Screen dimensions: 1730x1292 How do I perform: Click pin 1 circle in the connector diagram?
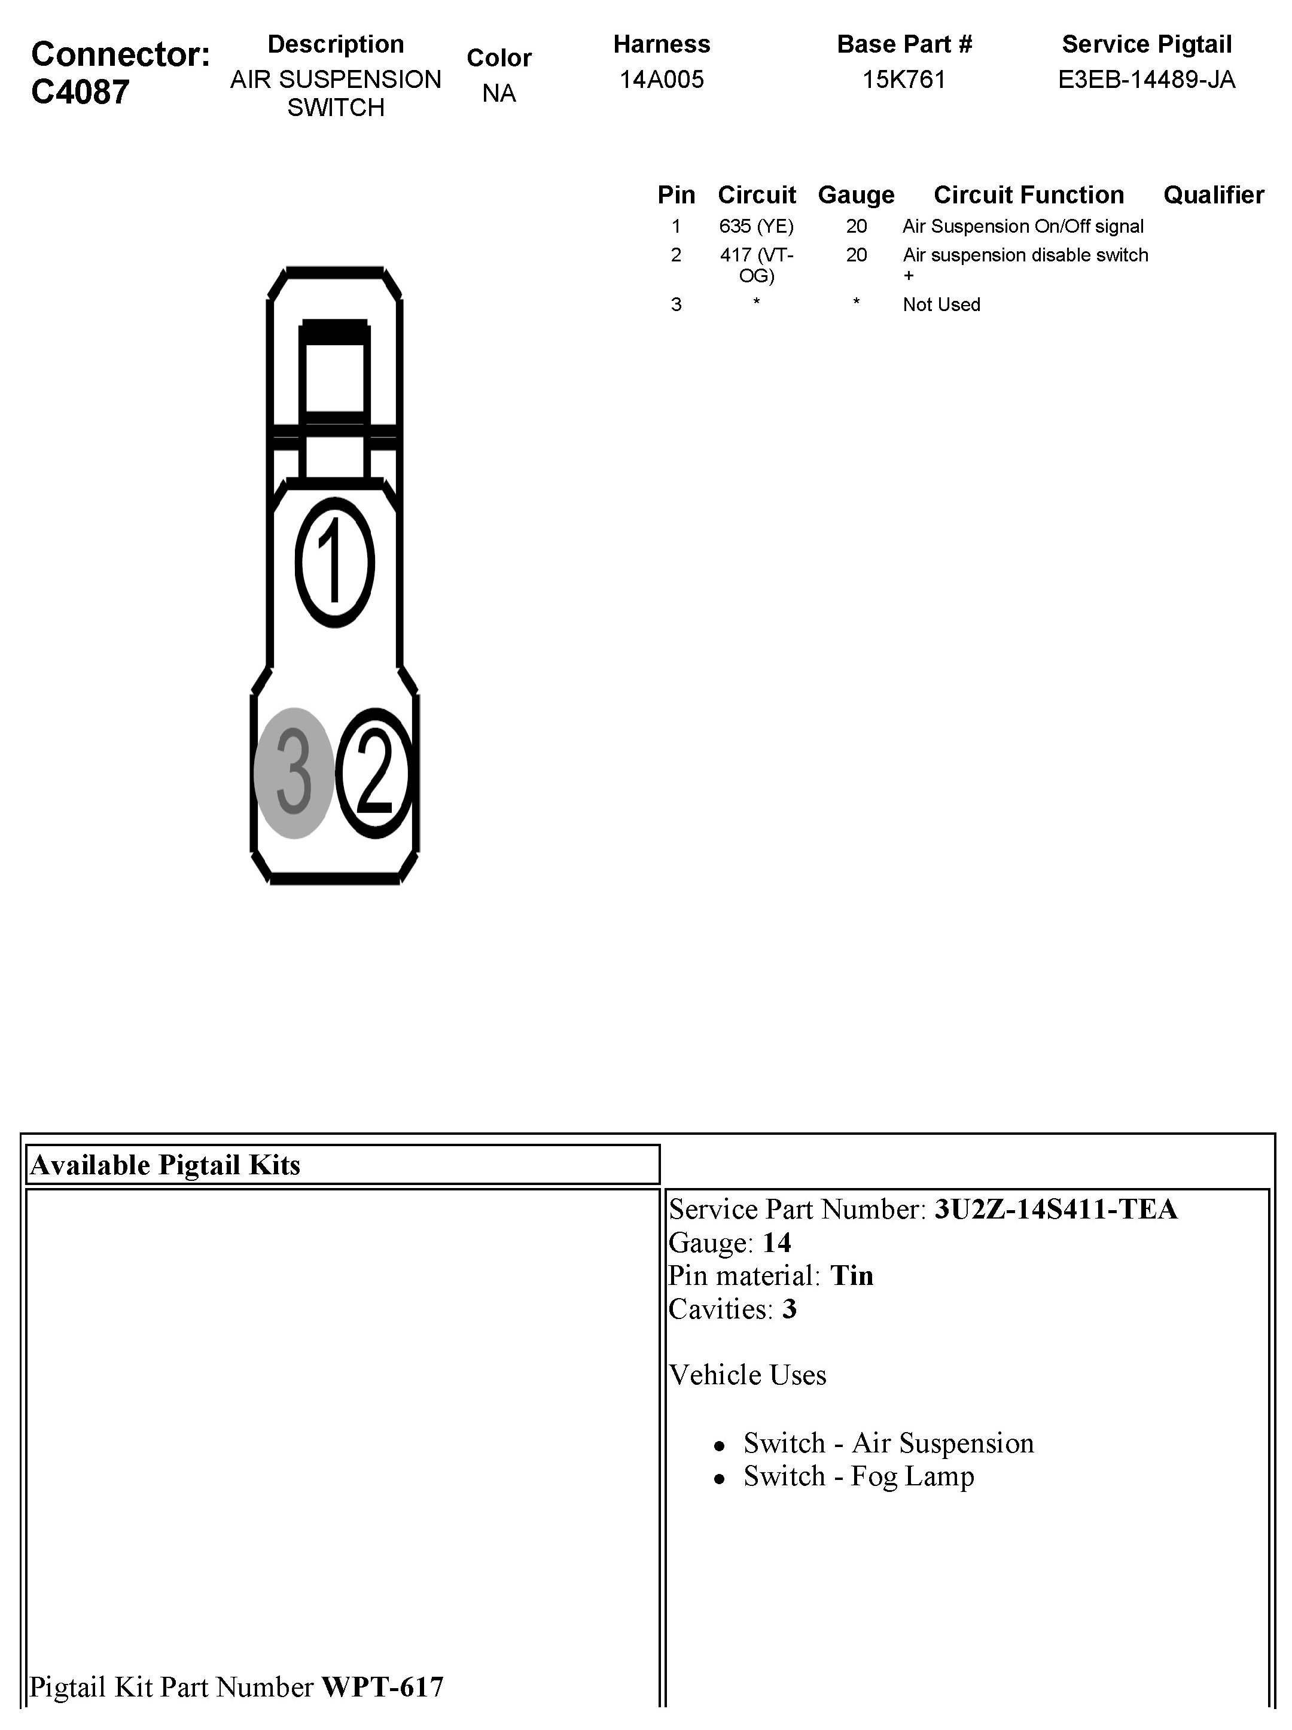click(x=335, y=562)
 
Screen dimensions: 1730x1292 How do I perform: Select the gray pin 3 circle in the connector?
click(x=293, y=773)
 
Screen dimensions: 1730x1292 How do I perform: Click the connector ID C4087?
click(x=81, y=92)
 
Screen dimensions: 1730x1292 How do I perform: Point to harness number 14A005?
click(x=662, y=80)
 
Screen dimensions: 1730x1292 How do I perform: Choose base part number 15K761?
click(x=904, y=80)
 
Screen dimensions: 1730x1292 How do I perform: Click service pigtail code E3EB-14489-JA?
click(x=1147, y=80)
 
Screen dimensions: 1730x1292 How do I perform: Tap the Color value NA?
click(x=499, y=94)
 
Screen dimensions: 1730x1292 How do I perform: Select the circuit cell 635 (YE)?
click(x=756, y=227)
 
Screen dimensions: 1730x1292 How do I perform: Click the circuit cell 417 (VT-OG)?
click(x=756, y=265)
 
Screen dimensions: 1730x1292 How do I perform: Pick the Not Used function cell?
click(x=941, y=305)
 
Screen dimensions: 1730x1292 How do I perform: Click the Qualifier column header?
click(x=1213, y=195)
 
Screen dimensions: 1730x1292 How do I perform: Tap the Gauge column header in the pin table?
click(x=857, y=195)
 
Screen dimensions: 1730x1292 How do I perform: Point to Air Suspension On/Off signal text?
click(x=1023, y=227)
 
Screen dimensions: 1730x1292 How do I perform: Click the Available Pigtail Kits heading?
click(x=165, y=1165)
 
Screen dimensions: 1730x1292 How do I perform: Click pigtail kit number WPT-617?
click(x=382, y=1687)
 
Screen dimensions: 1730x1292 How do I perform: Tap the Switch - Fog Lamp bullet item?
click(x=859, y=1476)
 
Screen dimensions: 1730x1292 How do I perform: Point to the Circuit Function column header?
click(x=1028, y=195)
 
